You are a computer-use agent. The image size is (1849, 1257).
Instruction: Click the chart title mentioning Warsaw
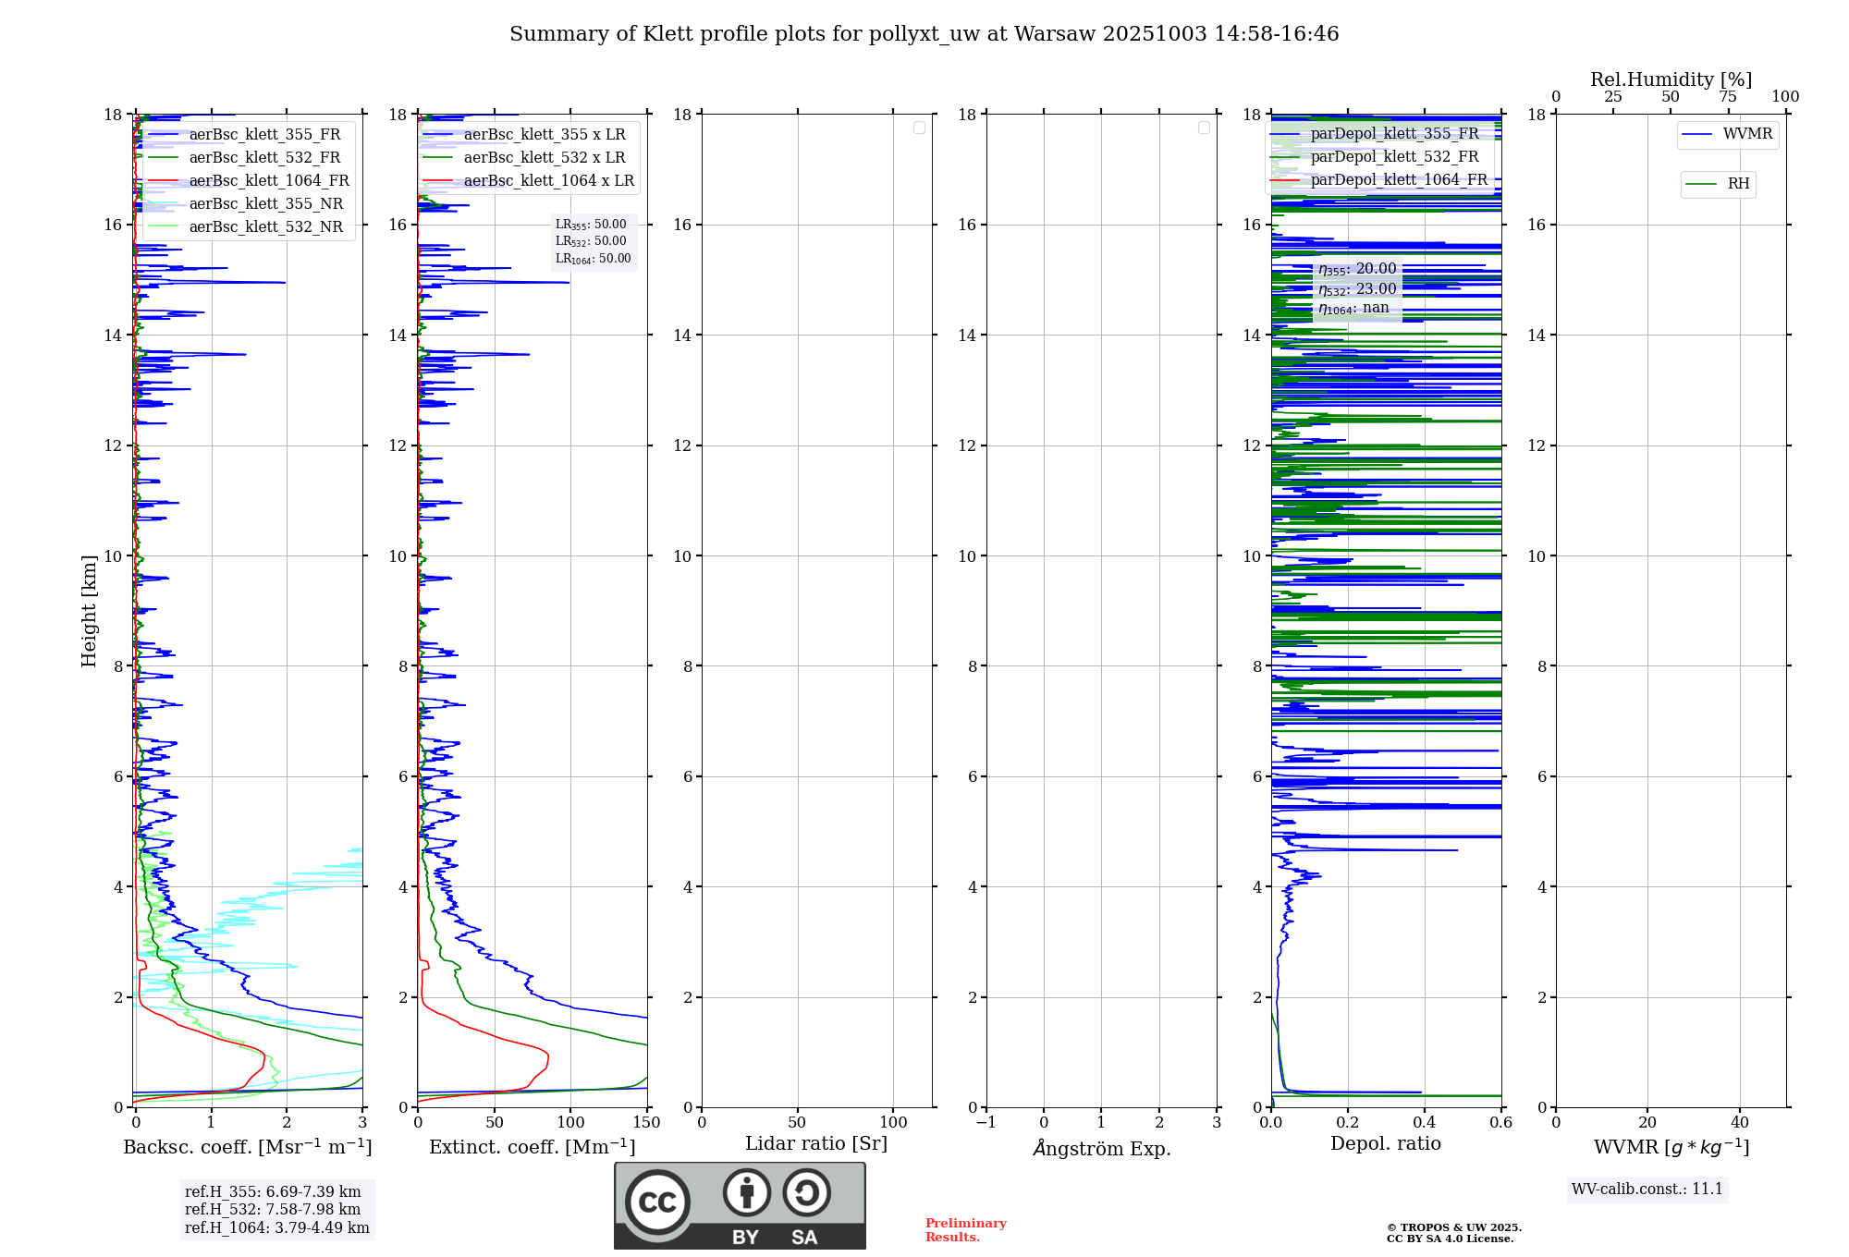click(924, 34)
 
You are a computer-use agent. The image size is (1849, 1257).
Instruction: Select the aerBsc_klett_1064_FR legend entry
click(268, 180)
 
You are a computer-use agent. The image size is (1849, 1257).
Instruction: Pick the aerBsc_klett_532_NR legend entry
click(265, 226)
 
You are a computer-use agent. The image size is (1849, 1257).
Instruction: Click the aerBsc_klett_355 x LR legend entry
click(544, 134)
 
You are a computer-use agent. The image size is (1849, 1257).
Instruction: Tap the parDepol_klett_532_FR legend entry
click(1394, 156)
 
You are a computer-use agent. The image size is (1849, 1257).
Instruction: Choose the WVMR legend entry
click(1746, 134)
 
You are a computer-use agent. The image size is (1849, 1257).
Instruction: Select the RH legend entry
click(1737, 184)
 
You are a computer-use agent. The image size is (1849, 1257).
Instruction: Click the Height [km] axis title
click(89, 611)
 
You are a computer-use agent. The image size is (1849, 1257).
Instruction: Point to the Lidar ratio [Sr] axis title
click(815, 1143)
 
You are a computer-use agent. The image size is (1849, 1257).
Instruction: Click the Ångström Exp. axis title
click(1101, 1148)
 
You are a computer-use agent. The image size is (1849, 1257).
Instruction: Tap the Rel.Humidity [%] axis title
click(1671, 79)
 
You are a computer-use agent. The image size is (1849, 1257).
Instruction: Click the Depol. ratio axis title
click(1385, 1143)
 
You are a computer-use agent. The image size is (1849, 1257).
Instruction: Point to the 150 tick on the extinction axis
click(646, 1122)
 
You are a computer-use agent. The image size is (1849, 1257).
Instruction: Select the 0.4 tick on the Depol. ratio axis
click(1425, 1122)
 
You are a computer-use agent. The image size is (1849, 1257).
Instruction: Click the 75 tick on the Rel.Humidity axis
click(1727, 97)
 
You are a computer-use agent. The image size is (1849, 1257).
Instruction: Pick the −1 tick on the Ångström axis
click(986, 1122)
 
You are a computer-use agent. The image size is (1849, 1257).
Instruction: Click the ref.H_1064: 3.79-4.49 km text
click(276, 1227)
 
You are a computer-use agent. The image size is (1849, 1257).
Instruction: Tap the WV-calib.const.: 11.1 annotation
click(1647, 1189)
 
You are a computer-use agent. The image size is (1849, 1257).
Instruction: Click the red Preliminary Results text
click(965, 1229)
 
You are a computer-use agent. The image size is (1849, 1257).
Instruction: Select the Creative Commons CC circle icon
click(657, 1202)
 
